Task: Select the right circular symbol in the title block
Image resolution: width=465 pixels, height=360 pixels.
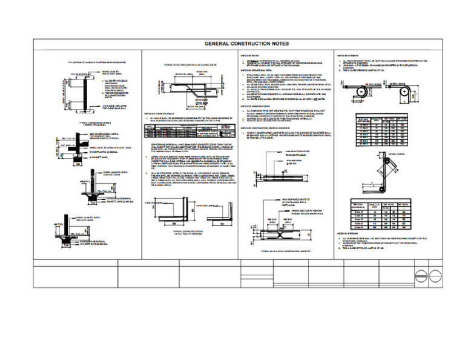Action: (x=434, y=272)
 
